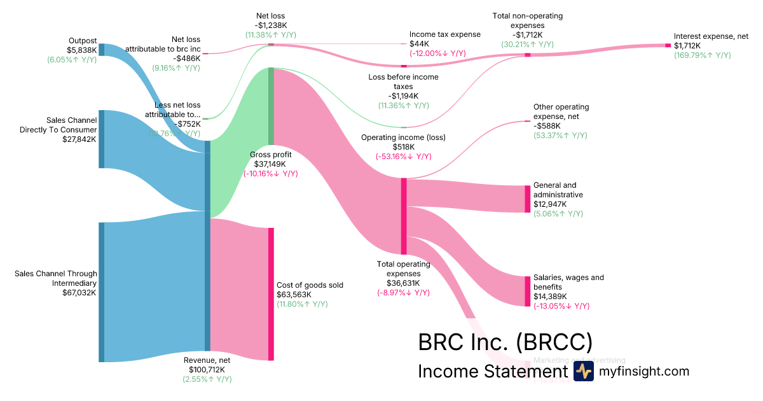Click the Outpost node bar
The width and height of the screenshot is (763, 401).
101,50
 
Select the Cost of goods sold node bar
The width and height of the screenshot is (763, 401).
271,294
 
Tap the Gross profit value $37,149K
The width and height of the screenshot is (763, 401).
270,164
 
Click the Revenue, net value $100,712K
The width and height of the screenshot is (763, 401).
207,369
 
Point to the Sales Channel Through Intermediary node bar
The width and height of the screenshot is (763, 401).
101,292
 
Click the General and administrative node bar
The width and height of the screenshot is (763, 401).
527,199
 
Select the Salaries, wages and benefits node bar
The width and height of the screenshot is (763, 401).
527,291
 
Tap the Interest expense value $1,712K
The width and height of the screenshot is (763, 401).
687,46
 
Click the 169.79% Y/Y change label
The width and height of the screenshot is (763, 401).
703,55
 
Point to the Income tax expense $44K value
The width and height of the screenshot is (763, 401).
420,44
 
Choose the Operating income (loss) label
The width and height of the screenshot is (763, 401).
403,137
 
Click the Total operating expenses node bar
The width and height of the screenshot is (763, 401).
403,216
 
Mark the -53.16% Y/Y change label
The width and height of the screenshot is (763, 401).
403,156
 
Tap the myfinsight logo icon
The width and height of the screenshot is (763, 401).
583,371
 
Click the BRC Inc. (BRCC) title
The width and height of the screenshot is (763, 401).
505,342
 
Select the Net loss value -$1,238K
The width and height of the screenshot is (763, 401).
271,25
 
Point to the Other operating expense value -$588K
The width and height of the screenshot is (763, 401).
547,126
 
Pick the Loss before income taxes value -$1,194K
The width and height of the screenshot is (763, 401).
403,96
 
